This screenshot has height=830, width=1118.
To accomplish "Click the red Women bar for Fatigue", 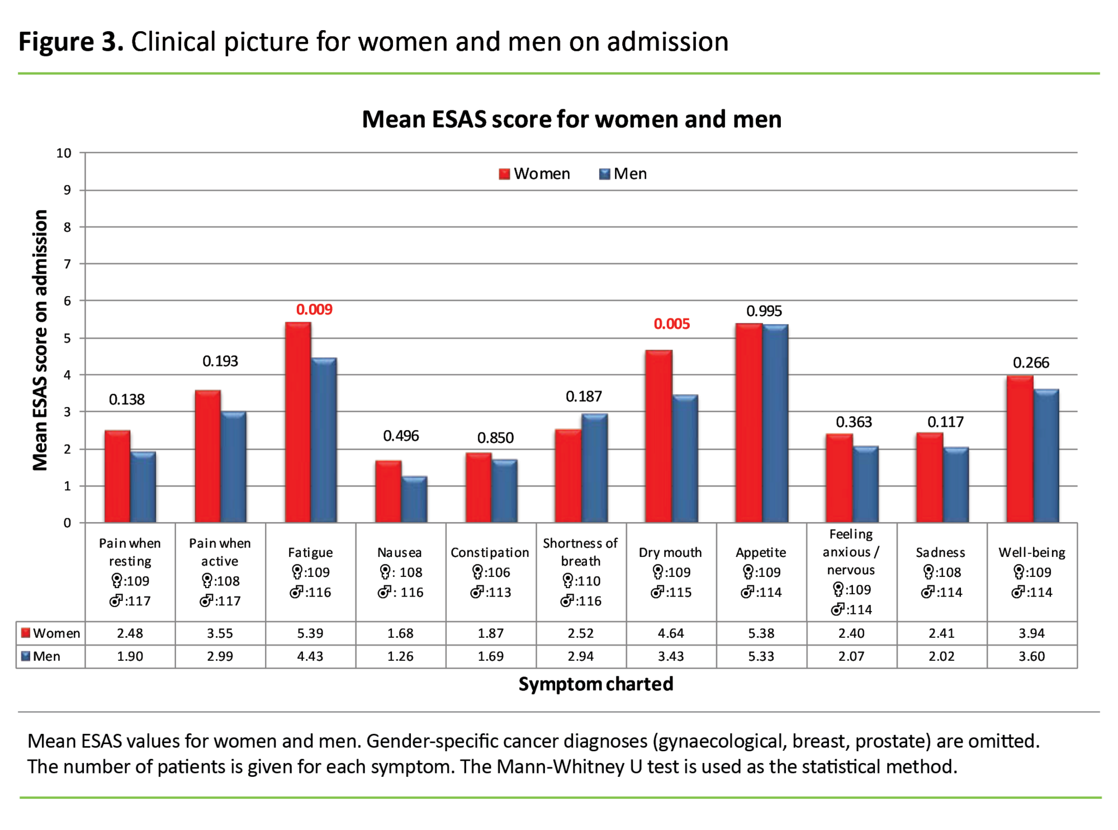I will (x=297, y=424).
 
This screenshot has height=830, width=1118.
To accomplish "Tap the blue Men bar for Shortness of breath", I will (x=594, y=469).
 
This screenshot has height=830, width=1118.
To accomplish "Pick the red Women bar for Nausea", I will (x=388, y=492).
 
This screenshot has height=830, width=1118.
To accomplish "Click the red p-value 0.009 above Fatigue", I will (x=314, y=309).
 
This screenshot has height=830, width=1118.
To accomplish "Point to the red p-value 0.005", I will (x=672, y=324).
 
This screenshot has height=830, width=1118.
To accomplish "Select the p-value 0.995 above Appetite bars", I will (x=764, y=311).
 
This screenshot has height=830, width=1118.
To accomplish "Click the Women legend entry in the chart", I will (x=534, y=174).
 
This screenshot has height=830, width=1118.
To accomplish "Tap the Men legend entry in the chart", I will (x=623, y=174).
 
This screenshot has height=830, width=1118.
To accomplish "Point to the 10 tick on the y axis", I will (x=64, y=153).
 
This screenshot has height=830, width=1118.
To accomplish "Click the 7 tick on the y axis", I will (x=67, y=264).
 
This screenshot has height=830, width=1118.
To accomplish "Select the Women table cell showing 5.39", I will (x=310, y=633).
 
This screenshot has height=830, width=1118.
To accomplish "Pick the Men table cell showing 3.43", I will (x=671, y=656).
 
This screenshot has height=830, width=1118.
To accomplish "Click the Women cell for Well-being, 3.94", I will (x=1031, y=633).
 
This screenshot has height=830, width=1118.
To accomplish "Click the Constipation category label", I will (x=490, y=552).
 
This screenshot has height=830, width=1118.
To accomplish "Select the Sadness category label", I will (x=941, y=552).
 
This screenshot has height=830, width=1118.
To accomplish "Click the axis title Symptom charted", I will (x=595, y=684).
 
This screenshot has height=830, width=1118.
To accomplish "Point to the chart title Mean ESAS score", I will (x=571, y=120).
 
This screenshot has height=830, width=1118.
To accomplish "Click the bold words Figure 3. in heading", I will (x=71, y=42).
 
